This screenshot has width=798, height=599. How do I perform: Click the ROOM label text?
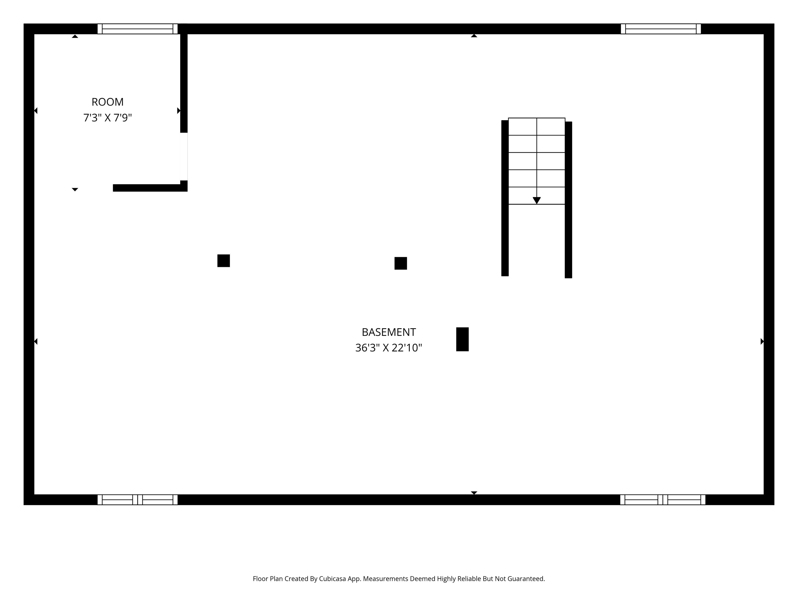pos(107,102)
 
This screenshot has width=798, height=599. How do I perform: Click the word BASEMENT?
pos(389,332)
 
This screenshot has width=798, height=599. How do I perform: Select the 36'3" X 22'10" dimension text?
pos(389,348)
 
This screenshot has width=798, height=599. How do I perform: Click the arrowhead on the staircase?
pos(536,200)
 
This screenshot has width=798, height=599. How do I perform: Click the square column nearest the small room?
pos(223,261)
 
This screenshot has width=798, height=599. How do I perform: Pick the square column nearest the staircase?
pos(400,263)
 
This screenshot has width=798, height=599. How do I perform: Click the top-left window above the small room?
pos(137,29)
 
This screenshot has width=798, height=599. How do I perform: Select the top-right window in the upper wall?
pos(661,29)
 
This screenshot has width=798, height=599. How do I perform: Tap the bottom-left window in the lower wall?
pos(137,500)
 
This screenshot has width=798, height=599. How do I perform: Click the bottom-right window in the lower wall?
pos(663,500)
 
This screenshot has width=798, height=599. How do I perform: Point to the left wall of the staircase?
pos(505,198)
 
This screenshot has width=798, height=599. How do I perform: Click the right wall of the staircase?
pos(568,200)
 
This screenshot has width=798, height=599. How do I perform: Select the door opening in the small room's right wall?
pos(184,156)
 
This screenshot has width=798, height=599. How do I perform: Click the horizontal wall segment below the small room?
pos(150,188)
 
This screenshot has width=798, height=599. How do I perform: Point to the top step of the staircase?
pos(536,127)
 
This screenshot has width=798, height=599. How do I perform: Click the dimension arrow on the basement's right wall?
pos(762,341)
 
